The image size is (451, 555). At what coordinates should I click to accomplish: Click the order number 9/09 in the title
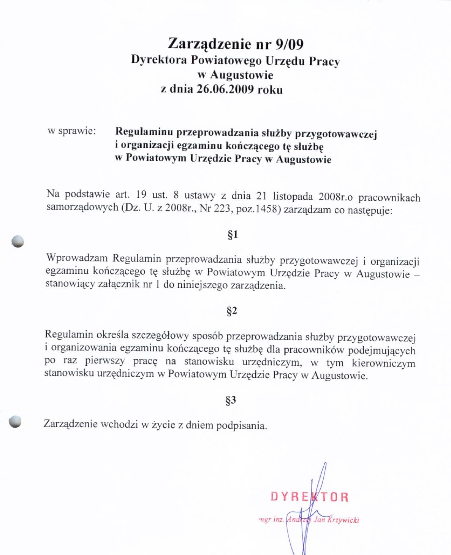290,44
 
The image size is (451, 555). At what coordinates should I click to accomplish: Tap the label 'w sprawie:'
71,131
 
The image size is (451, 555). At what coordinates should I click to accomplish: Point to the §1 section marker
233,235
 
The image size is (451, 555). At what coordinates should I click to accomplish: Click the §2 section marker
232,311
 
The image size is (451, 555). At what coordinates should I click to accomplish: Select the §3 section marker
231,400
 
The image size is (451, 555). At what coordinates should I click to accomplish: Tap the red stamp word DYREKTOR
309,497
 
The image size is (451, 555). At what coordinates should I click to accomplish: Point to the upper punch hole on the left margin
18,241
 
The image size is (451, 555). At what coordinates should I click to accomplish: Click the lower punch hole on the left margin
16,421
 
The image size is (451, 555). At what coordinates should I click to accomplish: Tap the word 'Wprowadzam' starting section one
77,258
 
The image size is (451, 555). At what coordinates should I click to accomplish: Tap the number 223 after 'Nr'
222,209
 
